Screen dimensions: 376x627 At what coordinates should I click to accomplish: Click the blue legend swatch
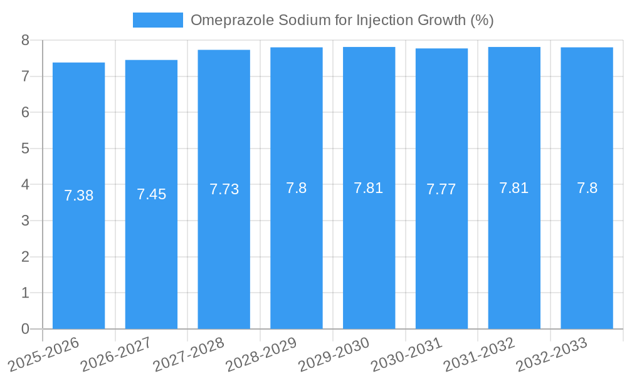tap(157, 20)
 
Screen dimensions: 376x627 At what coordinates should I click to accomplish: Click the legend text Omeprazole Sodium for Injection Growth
tap(342, 20)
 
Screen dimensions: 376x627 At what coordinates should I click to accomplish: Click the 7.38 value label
tap(78, 196)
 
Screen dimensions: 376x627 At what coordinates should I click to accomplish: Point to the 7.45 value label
tap(151, 194)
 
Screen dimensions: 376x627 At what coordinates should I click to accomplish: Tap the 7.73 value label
tap(224, 189)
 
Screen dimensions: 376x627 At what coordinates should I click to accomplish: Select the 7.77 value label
tap(441, 189)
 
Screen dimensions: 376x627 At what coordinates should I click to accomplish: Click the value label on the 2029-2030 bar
tap(369, 187)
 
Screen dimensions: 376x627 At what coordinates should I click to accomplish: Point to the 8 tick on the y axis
tap(25, 40)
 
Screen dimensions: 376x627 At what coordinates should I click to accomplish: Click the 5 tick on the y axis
tap(25, 149)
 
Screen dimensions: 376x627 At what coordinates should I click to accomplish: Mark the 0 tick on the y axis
tap(25, 329)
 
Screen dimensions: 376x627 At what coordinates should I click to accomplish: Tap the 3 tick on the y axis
tap(25, 221)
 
